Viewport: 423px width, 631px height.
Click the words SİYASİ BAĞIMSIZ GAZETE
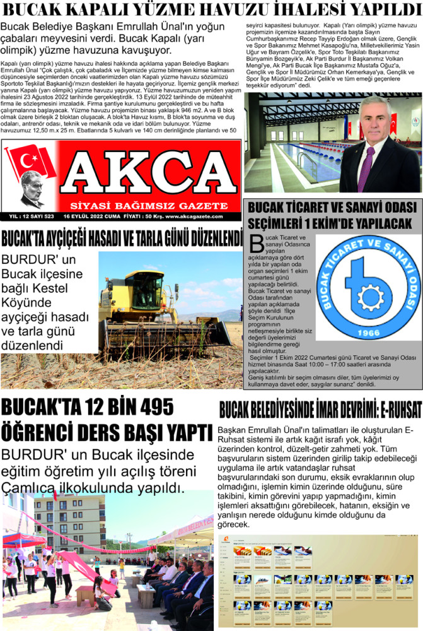(149, 206)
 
